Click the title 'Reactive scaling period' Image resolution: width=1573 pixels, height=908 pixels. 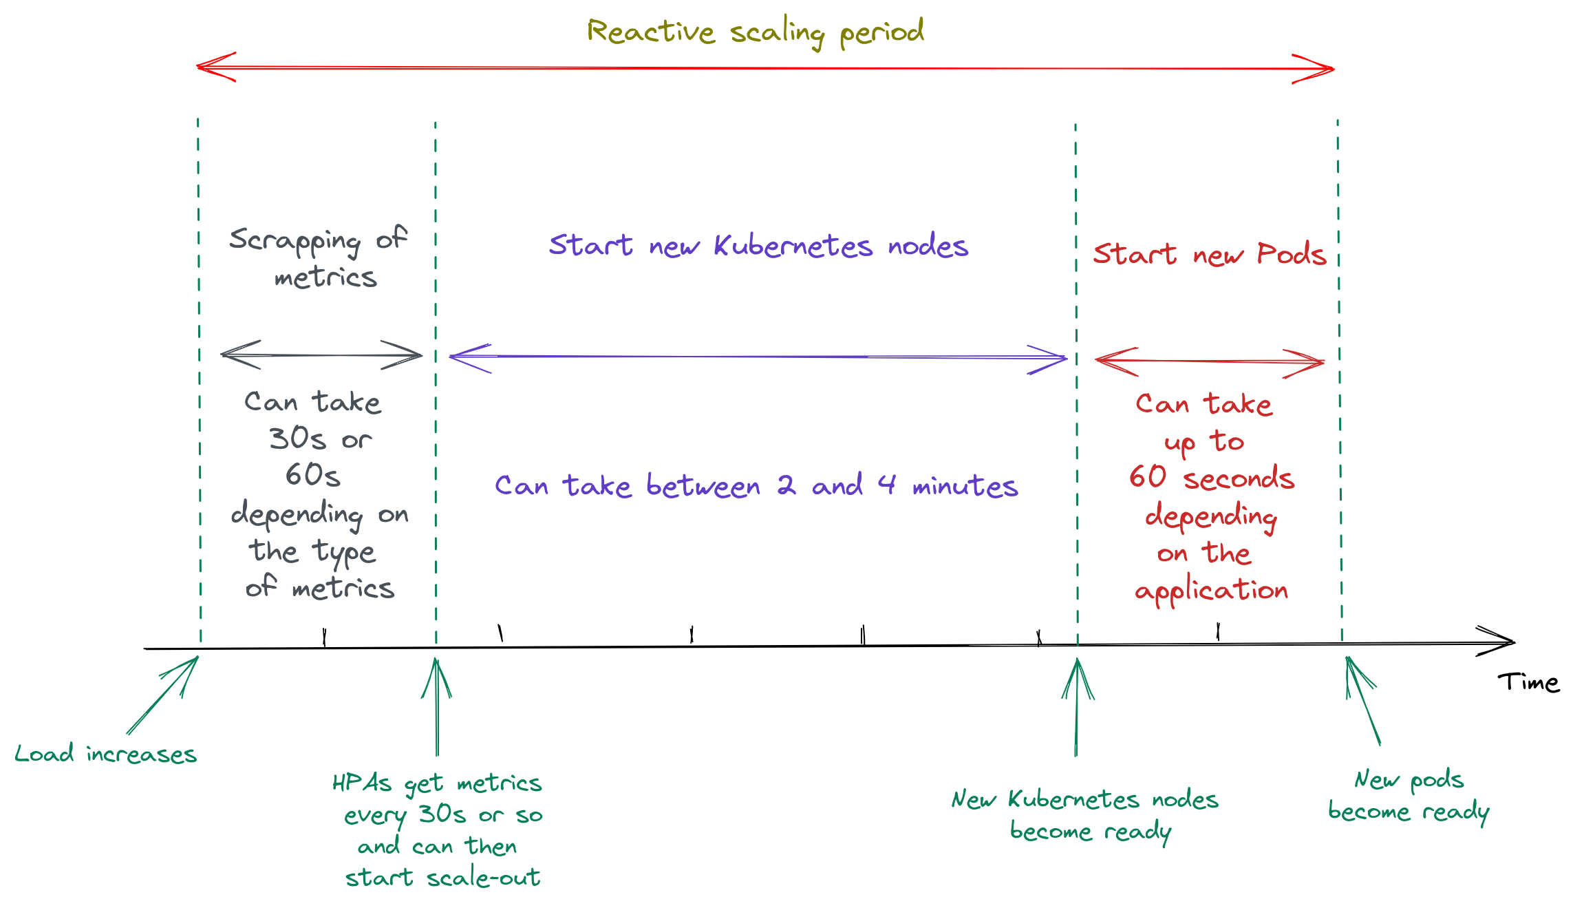tap(755, 32)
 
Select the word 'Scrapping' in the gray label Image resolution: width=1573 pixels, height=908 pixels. tap(295, 240)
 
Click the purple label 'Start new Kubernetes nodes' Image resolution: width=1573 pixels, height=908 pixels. tap(758, 246)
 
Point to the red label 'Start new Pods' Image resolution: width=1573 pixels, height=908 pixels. tap(1209, 255)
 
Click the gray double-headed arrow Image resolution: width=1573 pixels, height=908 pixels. tap(321, 355)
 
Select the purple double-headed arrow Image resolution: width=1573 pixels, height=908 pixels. tap(757, 357)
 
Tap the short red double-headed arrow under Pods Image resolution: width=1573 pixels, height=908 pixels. tap(1209, 361)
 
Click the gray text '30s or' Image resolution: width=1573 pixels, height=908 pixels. tap(320, 439)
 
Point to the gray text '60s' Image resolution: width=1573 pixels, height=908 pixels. tap(313, 475)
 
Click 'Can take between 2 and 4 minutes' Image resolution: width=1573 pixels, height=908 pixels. tap(756, 486)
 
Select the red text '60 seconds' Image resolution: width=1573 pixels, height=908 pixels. tap(1211, 478)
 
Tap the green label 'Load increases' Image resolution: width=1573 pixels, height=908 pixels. tap(105, 754)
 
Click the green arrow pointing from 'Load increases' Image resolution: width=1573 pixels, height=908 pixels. tap(163, 695)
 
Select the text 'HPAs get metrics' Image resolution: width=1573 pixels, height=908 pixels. tap(437, 783)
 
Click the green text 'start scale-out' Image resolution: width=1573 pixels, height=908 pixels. tap(442, 878)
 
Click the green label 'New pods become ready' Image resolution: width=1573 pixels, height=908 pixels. tap(1408, 796)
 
